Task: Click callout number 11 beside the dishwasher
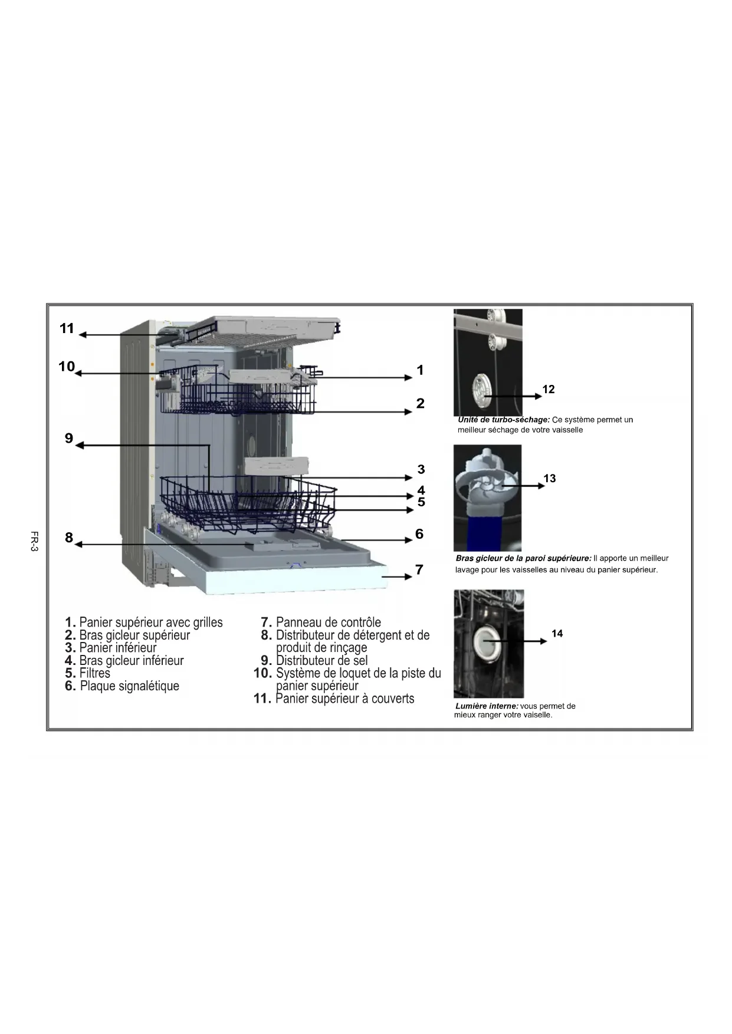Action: tap(67, 328)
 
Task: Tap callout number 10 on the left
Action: tap(67, 367)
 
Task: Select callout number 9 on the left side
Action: tap(69, 438)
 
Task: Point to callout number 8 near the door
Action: tap(69, 538)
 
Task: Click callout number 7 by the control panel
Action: tap(419, 569)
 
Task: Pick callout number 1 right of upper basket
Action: tap(420, 370)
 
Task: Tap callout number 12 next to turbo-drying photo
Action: tap(549, 389)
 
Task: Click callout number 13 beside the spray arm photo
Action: tap(550, 479)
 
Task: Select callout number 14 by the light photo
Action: tap(557, 634)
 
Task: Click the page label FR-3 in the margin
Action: tap(34, 541)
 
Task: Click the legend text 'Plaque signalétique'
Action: tap(129, 686)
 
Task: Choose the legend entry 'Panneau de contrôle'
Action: tap(328, 623)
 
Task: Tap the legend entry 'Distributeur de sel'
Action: tap(321, 661)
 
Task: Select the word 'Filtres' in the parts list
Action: tap(94, 673)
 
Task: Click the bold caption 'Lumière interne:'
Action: tap(487, 706)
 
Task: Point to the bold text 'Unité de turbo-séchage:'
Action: tap(504, 420)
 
